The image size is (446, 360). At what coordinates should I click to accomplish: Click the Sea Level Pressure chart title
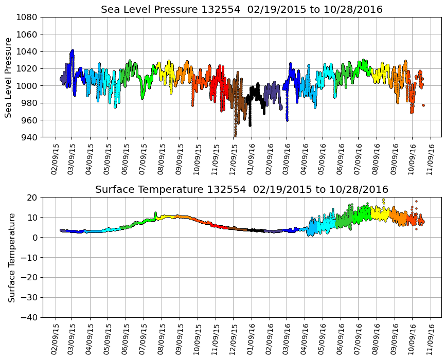pos(242,10)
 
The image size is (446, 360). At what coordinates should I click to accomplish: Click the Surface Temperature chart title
pos(242,190)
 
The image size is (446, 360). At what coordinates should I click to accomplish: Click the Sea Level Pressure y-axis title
pos(9,77)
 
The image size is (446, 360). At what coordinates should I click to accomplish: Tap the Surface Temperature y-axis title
pos(11,257)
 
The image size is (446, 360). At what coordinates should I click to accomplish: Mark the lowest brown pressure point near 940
pos(235,135)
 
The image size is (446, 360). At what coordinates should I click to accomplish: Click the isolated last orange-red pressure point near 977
pos(423,105)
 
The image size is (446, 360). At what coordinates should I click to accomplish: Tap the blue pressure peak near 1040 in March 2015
pos(73,51)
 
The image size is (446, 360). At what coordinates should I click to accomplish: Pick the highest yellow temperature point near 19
pos(383,200)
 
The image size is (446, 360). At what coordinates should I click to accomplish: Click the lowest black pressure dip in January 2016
pos(250,125)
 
